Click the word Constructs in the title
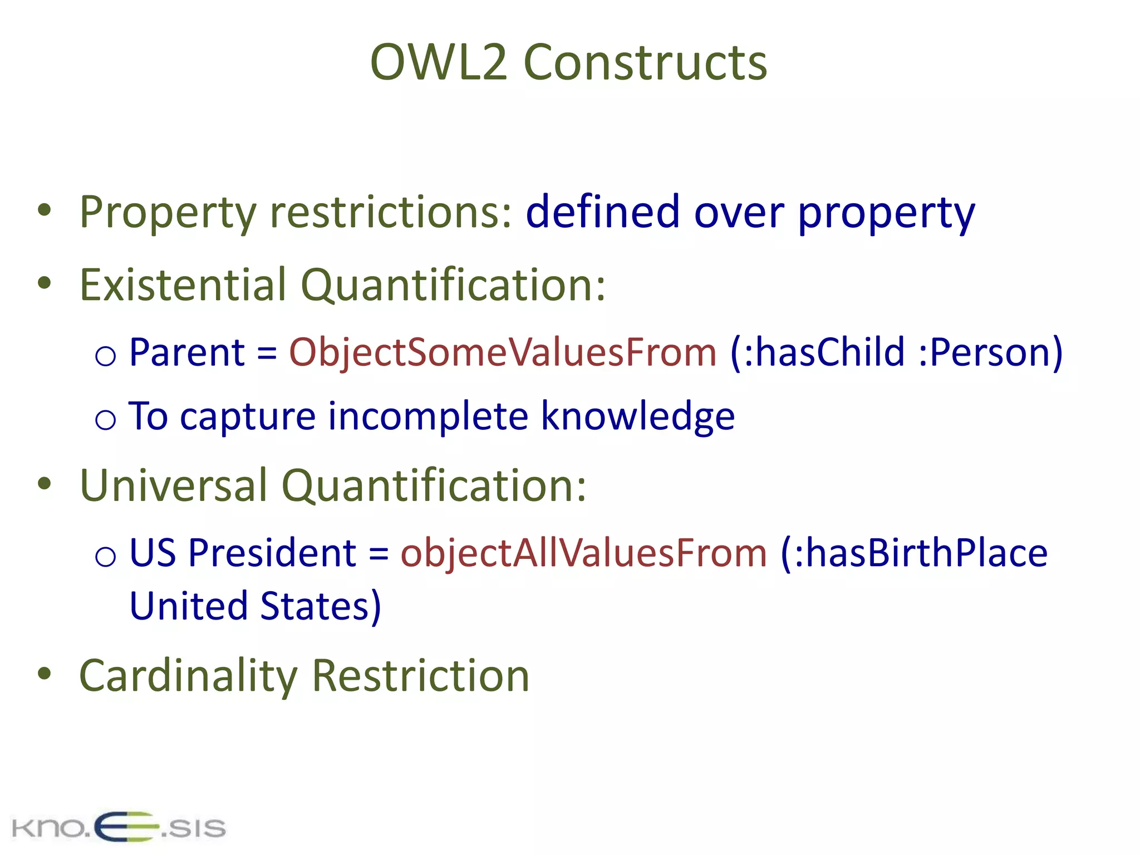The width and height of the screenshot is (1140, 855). (645, 62)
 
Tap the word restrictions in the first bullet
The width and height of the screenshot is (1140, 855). (390, 213)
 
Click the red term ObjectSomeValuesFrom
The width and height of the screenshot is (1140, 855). (503, 352)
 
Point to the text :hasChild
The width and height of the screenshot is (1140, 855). (818, 352)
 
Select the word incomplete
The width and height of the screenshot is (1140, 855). (428, 416)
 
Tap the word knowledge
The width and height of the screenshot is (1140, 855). (638, 416)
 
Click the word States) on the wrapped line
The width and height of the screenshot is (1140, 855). (321, 606)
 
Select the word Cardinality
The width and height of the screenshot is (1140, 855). (189, 676)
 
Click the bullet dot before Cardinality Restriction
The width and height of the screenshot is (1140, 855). (44, 674)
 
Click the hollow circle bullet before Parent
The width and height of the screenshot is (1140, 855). (105, 356)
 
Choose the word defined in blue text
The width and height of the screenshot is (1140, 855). (603, 213)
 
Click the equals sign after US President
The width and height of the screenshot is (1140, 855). (379, 554)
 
